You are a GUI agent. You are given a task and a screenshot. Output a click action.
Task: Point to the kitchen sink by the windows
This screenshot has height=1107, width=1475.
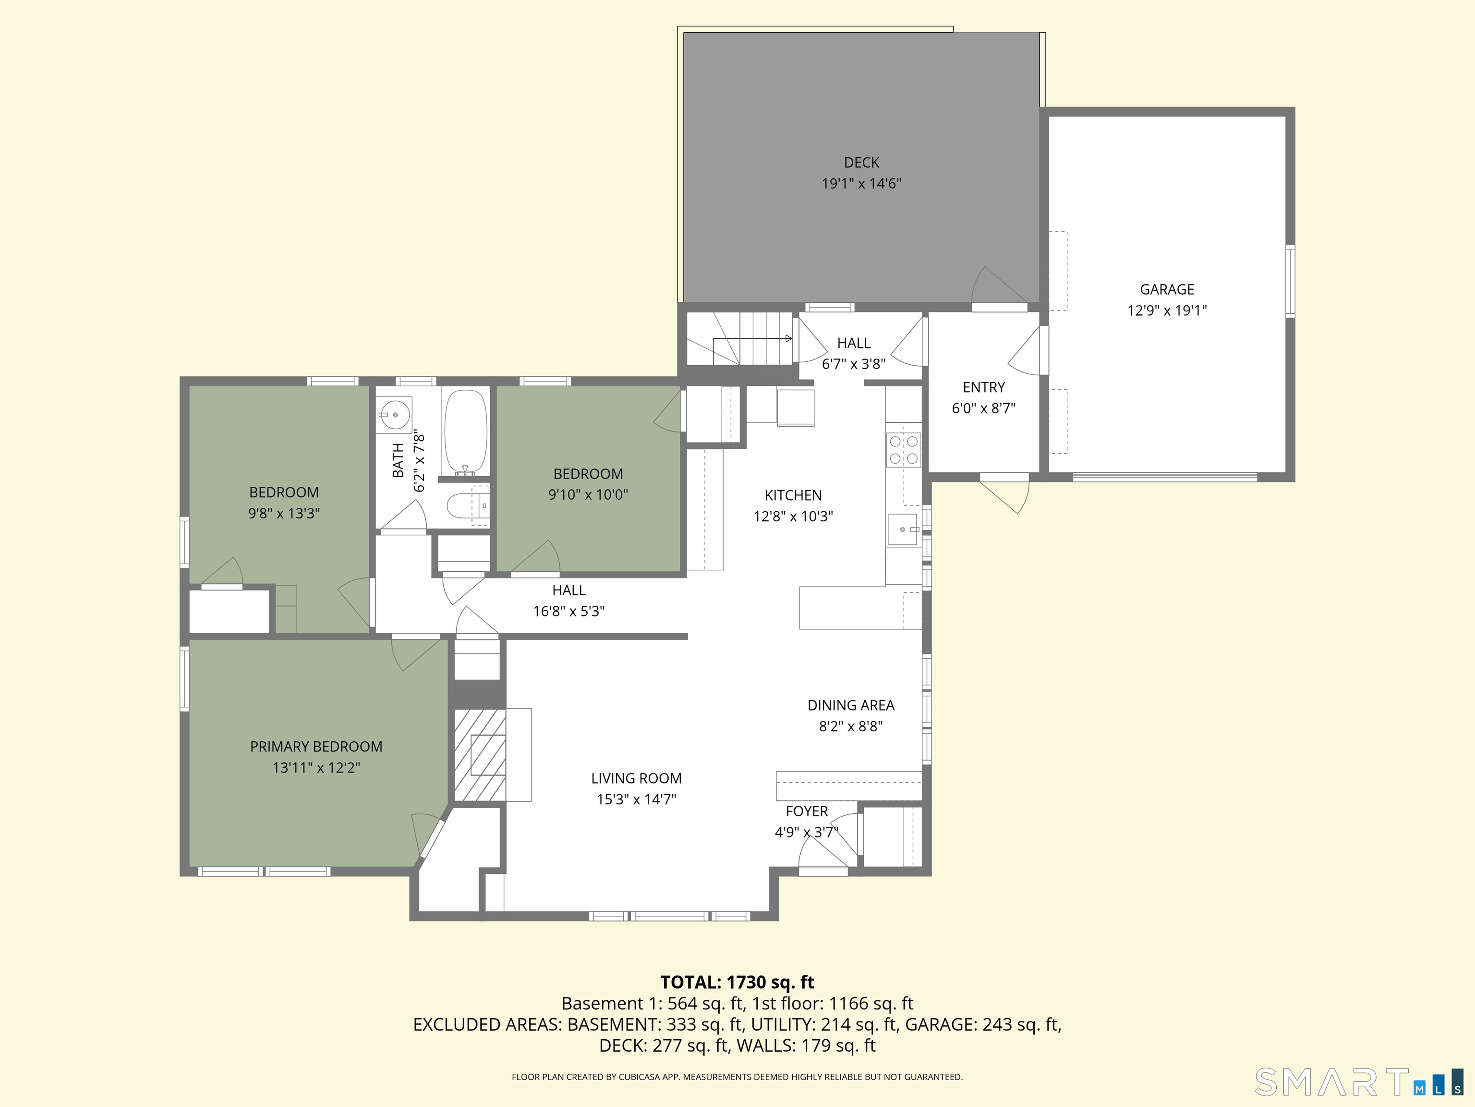click(x=902, y=529)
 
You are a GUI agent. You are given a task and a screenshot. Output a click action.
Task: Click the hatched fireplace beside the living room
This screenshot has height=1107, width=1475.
click(x=480, y=755)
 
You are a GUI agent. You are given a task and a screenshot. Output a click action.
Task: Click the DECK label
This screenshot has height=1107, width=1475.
click(x=861, y=162)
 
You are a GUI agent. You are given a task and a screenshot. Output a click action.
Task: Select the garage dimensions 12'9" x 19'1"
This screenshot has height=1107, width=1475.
click(x=1167, y=310)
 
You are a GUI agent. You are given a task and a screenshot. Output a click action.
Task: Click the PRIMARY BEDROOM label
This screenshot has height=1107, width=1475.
click(x=316, y=747)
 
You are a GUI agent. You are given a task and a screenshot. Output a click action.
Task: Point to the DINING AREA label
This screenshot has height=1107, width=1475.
click(x=850, y=705)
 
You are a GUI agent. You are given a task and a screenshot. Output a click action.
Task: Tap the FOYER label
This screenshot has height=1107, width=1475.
click(x=806, y=812)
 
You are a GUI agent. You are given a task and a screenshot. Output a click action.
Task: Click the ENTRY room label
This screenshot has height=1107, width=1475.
click(x=983, y=387)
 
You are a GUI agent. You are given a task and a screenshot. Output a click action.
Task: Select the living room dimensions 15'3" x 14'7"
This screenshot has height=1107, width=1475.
click(x=636, y=799)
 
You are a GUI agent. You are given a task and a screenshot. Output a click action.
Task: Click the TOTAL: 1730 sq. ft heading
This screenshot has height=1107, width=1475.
click(x=737, y=982)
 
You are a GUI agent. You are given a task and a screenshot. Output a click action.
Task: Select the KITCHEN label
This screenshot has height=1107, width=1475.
click(x=793, y=495)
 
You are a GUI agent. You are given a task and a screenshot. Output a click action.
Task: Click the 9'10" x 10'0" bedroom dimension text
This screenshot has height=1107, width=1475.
click(x=588, y=494)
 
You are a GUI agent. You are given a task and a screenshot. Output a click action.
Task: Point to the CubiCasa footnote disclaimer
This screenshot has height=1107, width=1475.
click(x=737, y=1077)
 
